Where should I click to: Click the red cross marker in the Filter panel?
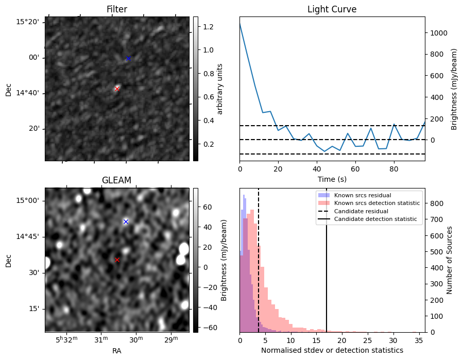[117, 89]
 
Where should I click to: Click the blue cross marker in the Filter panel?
[128, 58]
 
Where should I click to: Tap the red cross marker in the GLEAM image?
[117, 260]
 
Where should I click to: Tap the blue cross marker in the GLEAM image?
[126, 221]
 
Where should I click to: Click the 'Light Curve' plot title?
[332, 9]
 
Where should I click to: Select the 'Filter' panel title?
[117, 9]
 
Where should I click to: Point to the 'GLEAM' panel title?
[117, 180]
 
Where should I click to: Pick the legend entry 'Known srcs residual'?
[363, 195]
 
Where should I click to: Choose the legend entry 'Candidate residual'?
[361, 211]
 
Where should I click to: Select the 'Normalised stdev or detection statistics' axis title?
[332, 350]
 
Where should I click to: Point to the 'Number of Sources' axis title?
[450, 260]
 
